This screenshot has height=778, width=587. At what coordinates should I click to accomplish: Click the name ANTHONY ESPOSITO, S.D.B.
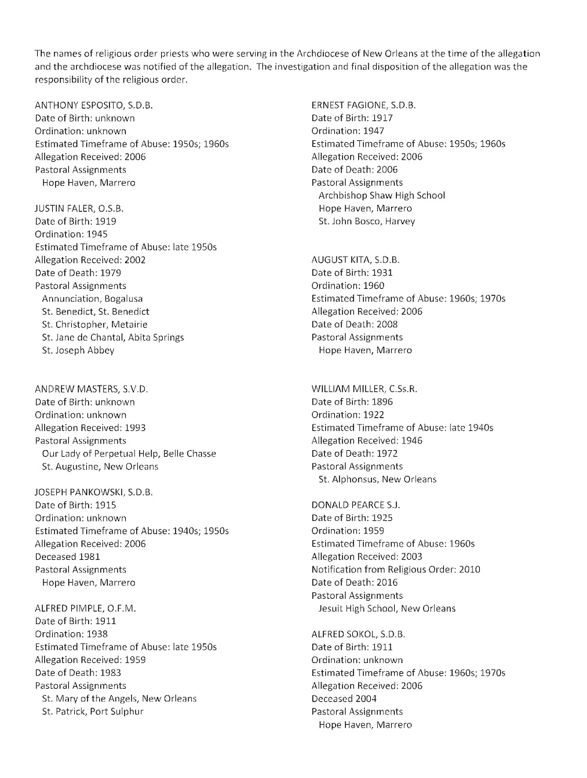[93, 105]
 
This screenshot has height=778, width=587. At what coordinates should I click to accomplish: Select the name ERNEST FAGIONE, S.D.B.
[363, 105]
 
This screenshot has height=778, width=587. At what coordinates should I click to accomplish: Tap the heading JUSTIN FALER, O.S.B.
[79, 209]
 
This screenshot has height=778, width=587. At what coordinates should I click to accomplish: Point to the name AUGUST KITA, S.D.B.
[355, 260]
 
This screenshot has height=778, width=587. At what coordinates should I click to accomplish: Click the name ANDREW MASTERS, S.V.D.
[91, 389]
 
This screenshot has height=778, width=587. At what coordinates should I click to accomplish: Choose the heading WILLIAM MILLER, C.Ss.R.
[364, 389]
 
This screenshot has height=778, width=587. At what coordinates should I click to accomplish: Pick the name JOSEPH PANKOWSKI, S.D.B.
[93, 492]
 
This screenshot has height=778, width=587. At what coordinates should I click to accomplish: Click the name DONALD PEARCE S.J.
[355, 505]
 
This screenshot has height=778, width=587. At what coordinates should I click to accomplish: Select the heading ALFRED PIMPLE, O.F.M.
[85, 608]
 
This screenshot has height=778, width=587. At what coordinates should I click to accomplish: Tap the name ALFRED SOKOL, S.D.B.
[358, 634]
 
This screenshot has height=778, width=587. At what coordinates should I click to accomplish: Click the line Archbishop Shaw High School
[382, 195]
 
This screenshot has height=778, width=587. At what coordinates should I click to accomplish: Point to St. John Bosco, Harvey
[367, 221]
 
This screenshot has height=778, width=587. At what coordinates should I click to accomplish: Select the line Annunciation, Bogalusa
[92, 298]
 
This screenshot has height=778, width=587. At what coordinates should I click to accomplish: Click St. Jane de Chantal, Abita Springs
[113, 337]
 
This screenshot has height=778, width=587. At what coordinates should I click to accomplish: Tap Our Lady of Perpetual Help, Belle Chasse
[129, 454]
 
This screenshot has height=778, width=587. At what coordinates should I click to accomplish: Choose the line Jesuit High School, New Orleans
[386, 608]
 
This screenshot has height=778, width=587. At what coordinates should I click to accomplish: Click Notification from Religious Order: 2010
[395, 569]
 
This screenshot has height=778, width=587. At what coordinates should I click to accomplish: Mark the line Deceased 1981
[67, 557]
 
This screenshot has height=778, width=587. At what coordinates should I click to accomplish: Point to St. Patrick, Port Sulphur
[92, 711]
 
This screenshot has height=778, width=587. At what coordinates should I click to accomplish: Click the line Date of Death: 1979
[78, 273]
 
